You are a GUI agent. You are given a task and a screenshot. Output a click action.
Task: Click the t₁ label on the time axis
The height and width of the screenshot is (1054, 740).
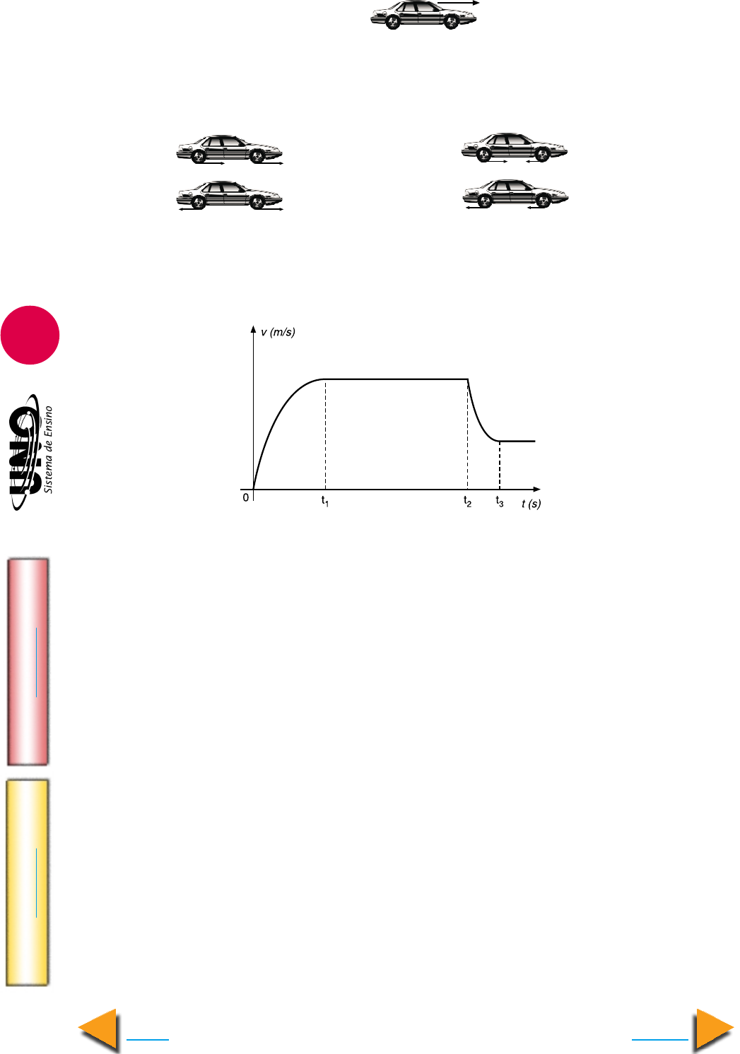point(325,501)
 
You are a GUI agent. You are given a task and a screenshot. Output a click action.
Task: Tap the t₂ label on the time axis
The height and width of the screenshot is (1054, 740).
point(467,502)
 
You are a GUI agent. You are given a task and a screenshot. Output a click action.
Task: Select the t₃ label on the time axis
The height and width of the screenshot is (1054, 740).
point(500,502)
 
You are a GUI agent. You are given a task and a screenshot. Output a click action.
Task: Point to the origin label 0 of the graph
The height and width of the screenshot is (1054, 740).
point(246,497)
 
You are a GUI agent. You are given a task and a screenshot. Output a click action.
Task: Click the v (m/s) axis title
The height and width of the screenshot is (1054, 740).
point(278,332)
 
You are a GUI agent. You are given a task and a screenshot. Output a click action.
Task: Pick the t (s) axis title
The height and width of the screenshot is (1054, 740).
point(531,504)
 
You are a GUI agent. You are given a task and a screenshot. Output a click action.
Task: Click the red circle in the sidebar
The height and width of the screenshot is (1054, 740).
point(30,335)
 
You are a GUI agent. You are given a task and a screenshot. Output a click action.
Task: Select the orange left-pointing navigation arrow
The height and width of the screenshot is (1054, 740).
point(98,1030)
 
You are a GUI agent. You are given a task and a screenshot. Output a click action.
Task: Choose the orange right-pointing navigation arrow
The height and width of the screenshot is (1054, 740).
point(714,1030)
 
